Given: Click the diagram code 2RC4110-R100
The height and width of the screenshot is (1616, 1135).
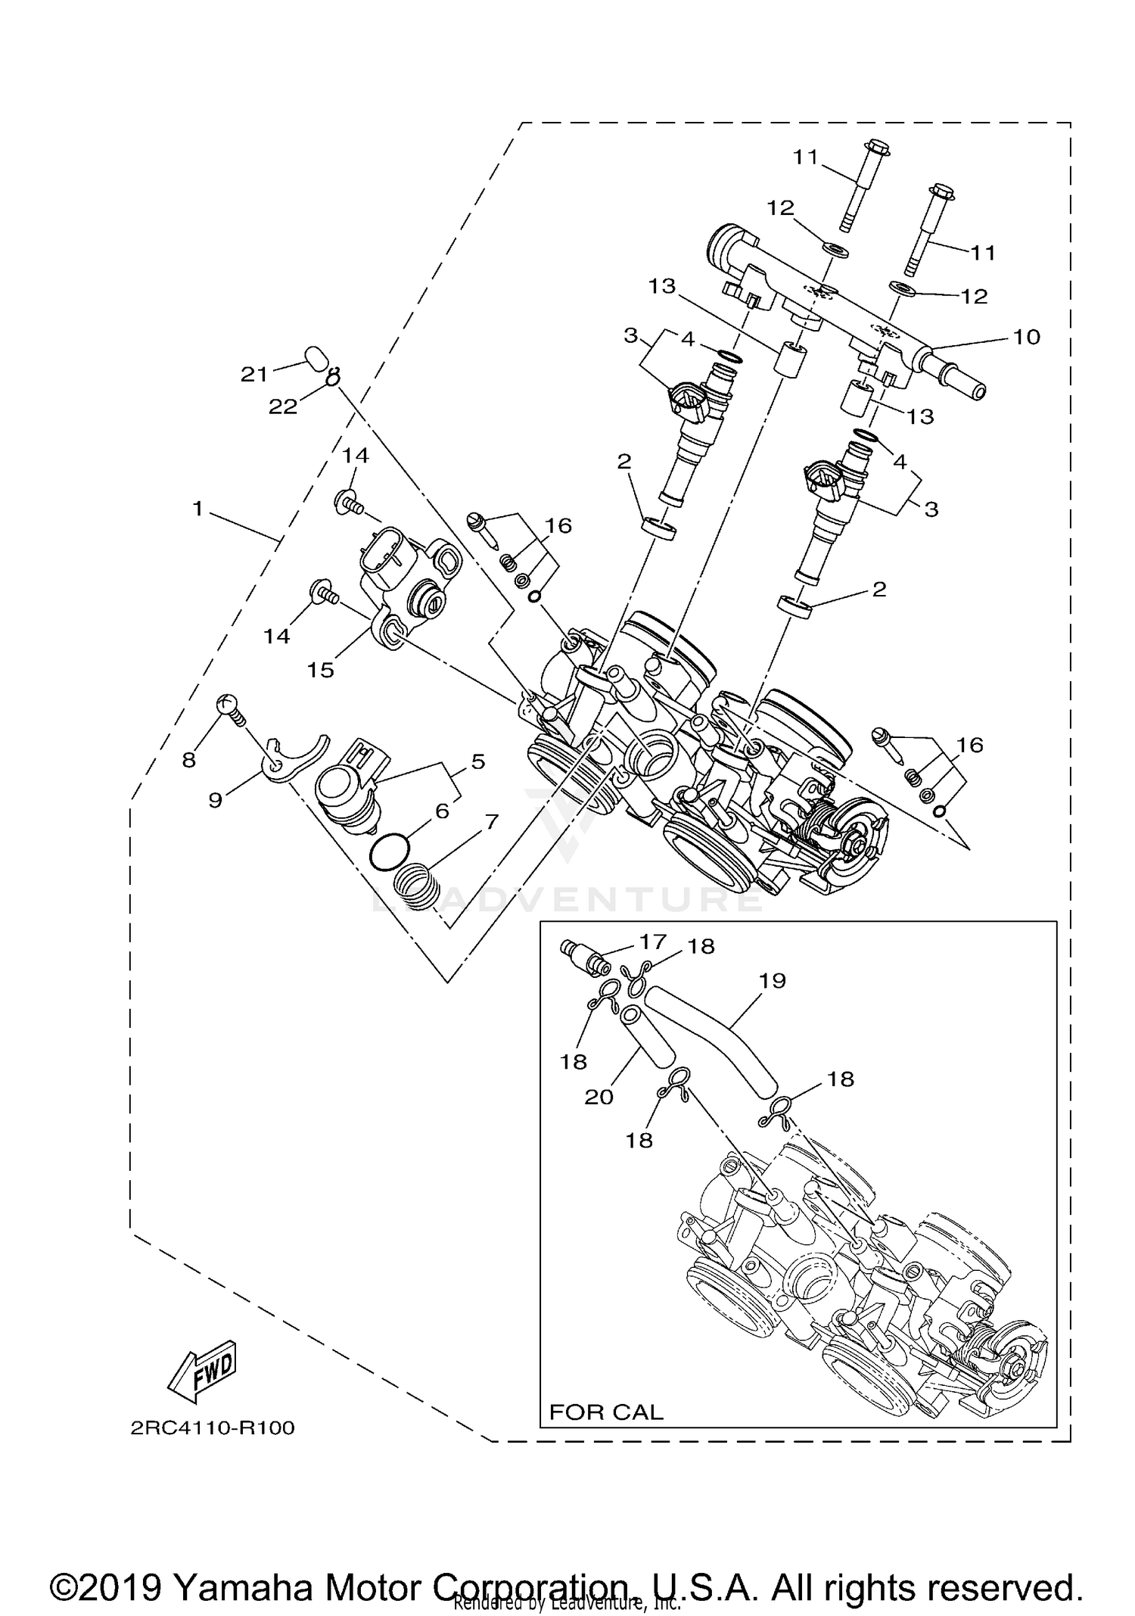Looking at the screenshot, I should point(213,1428).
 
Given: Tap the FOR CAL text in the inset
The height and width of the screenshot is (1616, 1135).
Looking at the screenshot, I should point(606,1412).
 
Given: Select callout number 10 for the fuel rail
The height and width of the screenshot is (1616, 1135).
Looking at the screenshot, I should point(1026,337).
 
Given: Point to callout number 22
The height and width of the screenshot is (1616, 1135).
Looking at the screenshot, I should point(282,406).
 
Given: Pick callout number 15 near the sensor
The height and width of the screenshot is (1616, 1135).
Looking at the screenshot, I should point(320,670).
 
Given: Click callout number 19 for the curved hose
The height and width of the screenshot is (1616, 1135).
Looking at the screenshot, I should point(773,980).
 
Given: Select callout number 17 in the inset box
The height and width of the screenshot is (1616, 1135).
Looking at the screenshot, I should point(652,942).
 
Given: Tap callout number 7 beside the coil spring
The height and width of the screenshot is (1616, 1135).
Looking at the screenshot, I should point(492,821).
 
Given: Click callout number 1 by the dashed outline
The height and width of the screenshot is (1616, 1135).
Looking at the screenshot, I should point(197,509).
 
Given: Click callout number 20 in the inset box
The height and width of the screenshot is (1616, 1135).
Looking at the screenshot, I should point(599,1096).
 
